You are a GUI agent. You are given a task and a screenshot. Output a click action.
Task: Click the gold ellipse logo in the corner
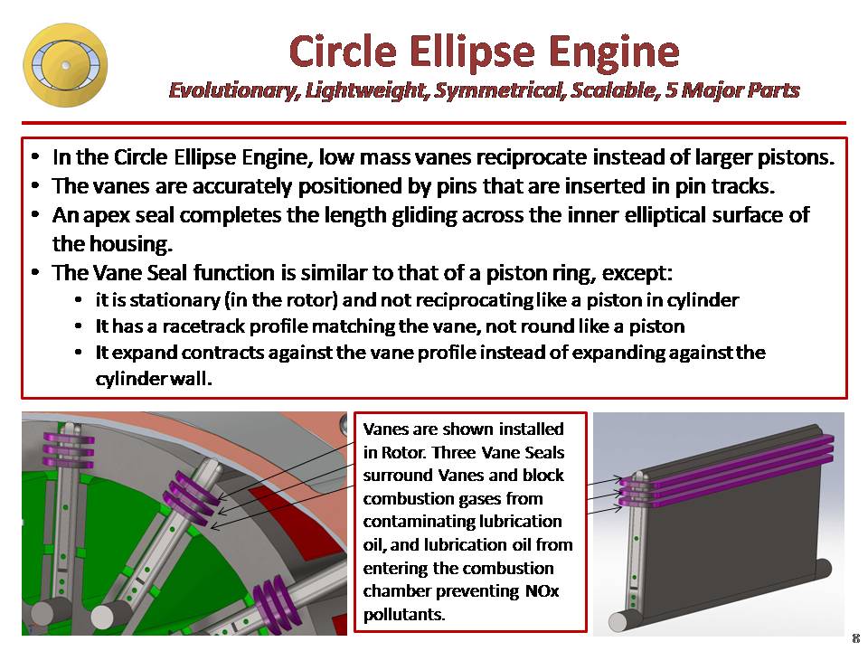[64, 65]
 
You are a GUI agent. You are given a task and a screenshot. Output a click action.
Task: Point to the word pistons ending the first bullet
[793, 156]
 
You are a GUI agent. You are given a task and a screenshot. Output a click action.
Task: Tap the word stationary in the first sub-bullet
[153, 299]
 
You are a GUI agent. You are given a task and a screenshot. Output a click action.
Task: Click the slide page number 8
[855, 638]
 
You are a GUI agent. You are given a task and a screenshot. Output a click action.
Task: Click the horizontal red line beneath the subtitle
[434, 123]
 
